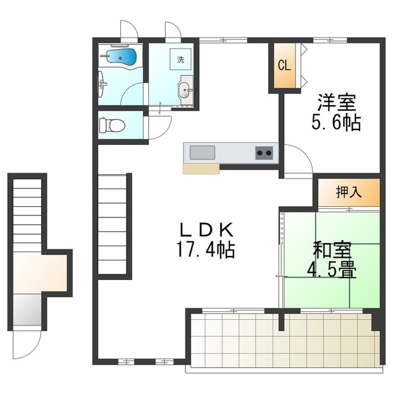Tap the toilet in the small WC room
(x=112, y=125)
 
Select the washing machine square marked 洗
(x=181, y=59)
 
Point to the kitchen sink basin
(x=202, y=152)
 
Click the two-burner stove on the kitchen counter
(x=264, y=153)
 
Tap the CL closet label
(x=284, y=66)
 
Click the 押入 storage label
(x=349, y=192)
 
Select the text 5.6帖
(x=336, y=122)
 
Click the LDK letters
(x=206, y=230)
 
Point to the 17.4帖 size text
(x=206, y=250)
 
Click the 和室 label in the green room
(x=332, y=250)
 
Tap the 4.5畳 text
(x=332, y=270)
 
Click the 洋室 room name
(x=337, y=103)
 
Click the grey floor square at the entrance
(x=27, y=309)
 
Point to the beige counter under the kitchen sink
(x=201, y=169)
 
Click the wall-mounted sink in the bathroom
(x=101, y=84)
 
